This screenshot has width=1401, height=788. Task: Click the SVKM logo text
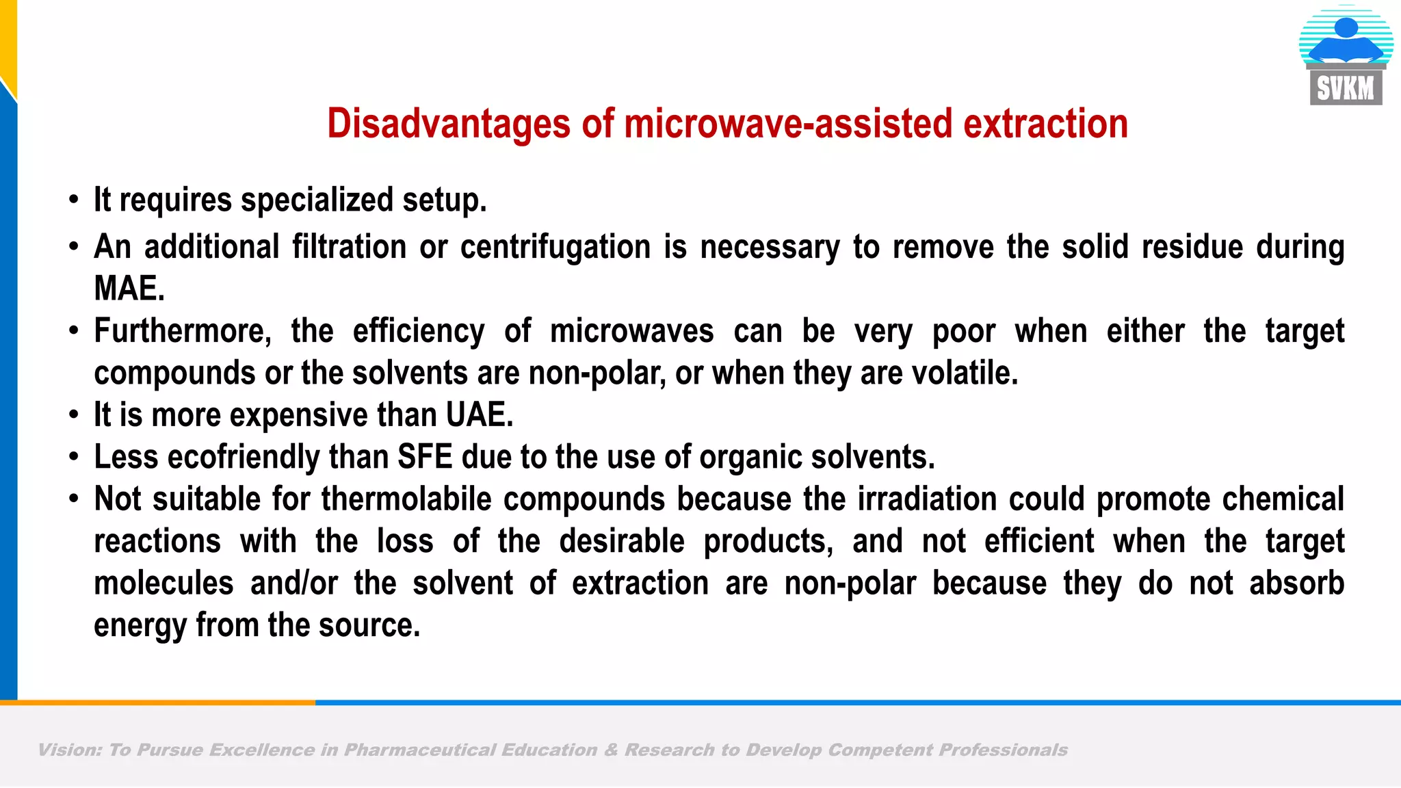[x=1346, y=89]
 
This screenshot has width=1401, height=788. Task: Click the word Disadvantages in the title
[x=449, y=124]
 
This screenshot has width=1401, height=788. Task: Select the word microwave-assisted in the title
[x=788, y=124]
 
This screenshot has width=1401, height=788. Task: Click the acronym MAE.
[x=129, y=289]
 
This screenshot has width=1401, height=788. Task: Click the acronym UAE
[x=479, y=415]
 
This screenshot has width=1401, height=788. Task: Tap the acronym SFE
[x=425, y=457]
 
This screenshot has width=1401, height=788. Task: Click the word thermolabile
[x=406, y=499]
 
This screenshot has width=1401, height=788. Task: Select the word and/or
[x=294, y=583]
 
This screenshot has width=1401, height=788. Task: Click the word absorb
[x=1296, y=583]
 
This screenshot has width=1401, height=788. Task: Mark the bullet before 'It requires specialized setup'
[x=74, y=201]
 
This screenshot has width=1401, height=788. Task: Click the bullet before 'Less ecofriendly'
[x=74, y=458]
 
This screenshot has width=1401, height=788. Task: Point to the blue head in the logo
[x=1346, y=27]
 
